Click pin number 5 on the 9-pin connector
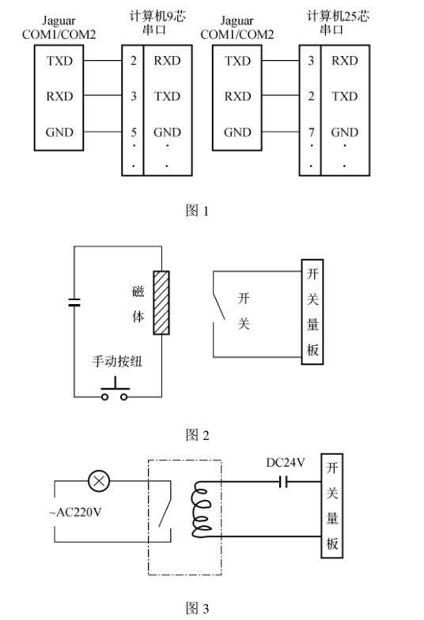tap(134, 132)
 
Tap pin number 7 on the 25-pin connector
tap(312, 132)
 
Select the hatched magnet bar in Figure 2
tap(161, 302)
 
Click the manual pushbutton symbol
tap(115, 389)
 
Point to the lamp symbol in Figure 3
tap(99, 481)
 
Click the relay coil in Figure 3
tap(201, 509)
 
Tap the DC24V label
tap(286, 462)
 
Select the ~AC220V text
tap(75, 513)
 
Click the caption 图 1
tap(197, 210)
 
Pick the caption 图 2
tap(197, 435)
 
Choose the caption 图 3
tap(197, 607)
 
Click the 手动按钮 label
tap(117, 361)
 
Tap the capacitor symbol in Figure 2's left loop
tap(74, 302)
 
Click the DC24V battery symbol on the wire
tap(283, 482)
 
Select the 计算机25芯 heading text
tap(338, 17)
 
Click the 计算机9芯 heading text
tap(157, 17)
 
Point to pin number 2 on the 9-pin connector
tap(134, 61)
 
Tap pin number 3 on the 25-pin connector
tap(311, 61)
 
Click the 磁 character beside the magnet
tap(138, 291)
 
